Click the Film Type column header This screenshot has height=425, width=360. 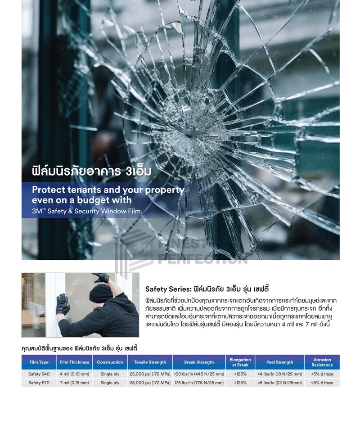(x=39, y=362)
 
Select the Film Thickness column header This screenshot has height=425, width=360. (x=75, y=362)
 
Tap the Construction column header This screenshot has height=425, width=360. (x=110, y=362)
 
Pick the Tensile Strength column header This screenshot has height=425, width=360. (x=150, y=362)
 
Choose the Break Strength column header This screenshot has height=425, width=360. (x=199, y=362)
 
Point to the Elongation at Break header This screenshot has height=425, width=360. (x=240, y=362)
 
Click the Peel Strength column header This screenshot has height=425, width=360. (x=280, y=362)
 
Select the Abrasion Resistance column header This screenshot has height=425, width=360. (x=322, y=362)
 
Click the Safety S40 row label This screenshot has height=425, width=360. (x=39, y=374)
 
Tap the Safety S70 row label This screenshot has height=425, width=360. (x=39, y=383)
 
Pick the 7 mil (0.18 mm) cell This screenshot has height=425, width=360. (x=75, y=383)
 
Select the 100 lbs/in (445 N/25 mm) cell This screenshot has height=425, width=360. (x=199, y=374)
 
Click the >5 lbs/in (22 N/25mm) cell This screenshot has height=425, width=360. (x=280, y=383)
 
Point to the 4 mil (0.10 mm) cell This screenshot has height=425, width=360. (x=75, y=374)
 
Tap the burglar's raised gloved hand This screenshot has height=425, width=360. (x=101, y=278)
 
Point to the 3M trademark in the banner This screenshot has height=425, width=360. (x=37, y=211)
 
